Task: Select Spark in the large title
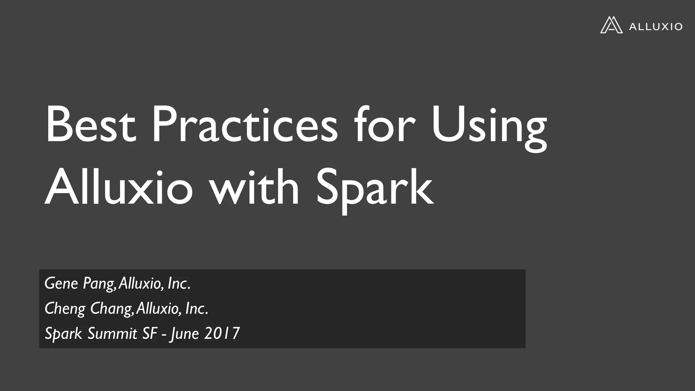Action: coord(375,190)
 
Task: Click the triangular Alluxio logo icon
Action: coord(611,25)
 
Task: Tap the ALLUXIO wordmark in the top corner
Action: coord(655,26)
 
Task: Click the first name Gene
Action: coord(61,283)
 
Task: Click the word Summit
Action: coord(112,333)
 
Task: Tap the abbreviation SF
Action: coord(150,333)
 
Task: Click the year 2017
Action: coord(222,333)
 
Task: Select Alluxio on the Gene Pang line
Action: coord(140,283)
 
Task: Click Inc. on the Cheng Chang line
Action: coord(196,309)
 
